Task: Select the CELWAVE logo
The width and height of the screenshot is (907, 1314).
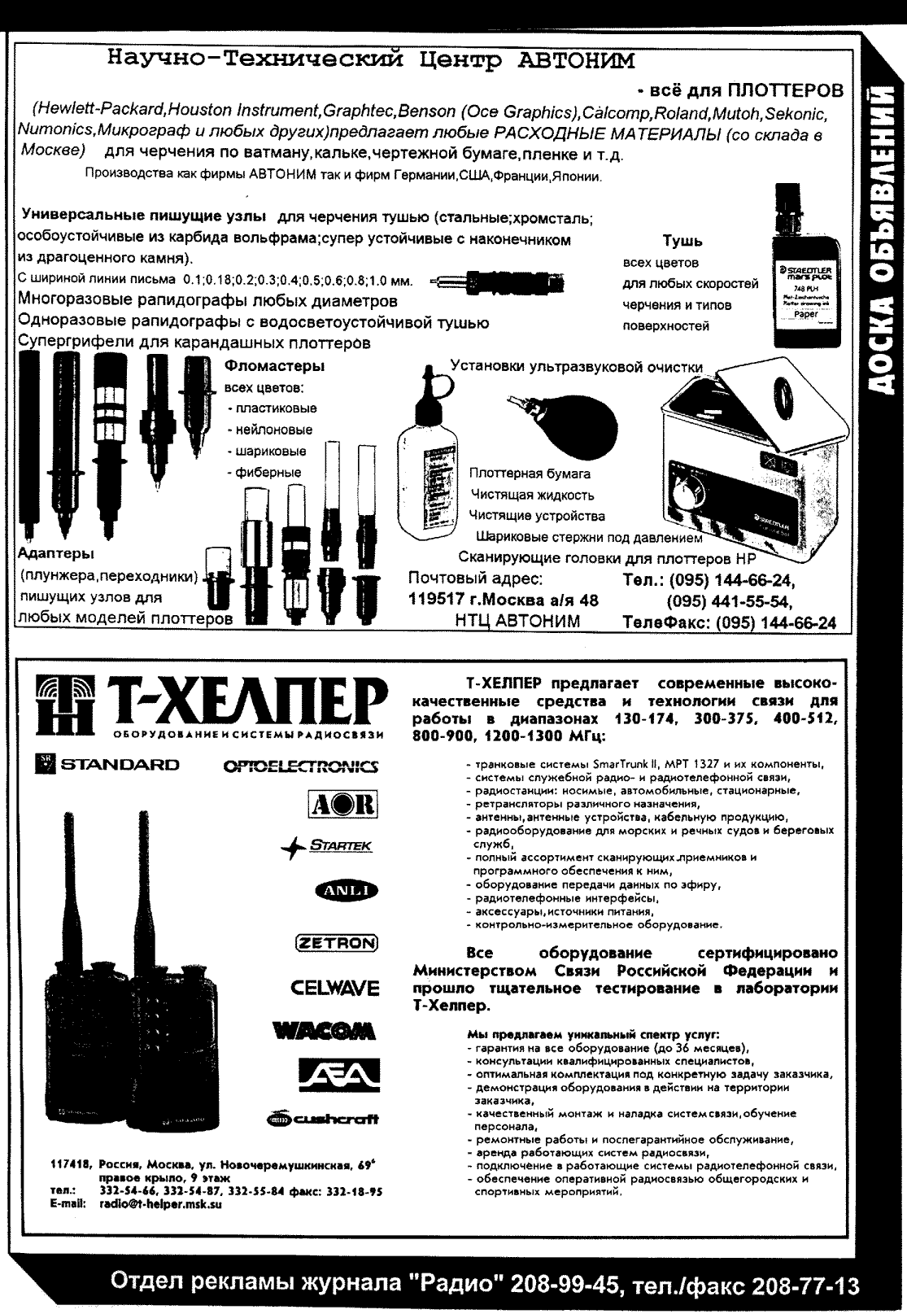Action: tap(334, 989)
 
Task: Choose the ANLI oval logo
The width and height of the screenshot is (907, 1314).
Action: tap(341, 890)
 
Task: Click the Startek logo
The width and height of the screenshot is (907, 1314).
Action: tap(327, 847)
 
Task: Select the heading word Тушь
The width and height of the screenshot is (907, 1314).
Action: tap(682, 242)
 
